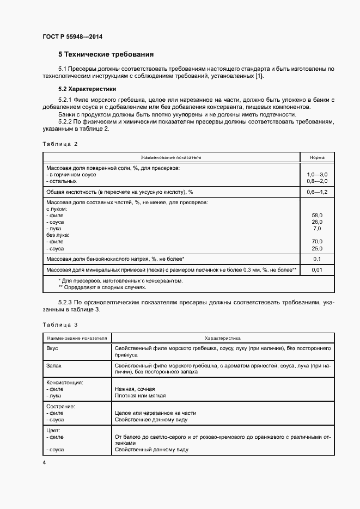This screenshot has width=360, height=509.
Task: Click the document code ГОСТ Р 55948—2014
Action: click(x=72, y=37)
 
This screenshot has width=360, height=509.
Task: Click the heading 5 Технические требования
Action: click(x=106, y=54)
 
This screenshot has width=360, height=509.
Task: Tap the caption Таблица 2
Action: click(x=60, y=144)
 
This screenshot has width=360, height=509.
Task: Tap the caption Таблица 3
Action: click(x=60, y=325)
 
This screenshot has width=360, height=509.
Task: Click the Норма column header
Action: click(x=317, y=157)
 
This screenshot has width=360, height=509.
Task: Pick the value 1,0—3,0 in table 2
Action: click(x=317, y=174)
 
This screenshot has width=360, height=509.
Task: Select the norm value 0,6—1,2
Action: click(x=317, y=192)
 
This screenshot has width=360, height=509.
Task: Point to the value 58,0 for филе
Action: click(x=317, y=216)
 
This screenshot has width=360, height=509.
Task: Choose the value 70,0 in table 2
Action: click(x=317, y=242)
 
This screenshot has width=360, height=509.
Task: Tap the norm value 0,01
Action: click(x=317, y=269)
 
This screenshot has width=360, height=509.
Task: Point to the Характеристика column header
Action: click(x=223, y=338)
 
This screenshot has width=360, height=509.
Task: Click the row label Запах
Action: click(x=54, y=366)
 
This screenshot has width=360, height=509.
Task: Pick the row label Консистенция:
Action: click(x=65, y=383)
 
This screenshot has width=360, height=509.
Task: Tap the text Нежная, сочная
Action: click(x=135, y=390)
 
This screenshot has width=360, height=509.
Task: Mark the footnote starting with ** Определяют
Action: click(x=102, y=287)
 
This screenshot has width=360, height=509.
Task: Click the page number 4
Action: click(x=44, y=462)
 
